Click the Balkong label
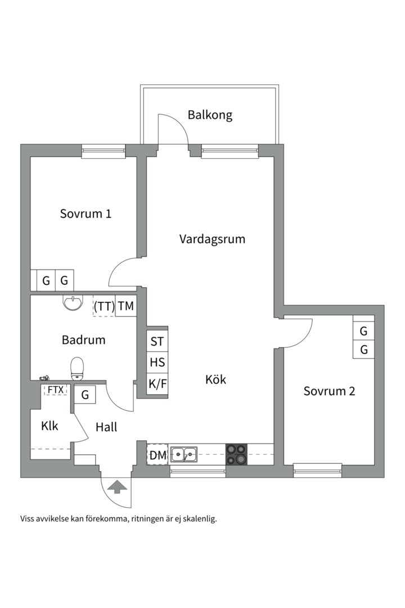tap(210, 115)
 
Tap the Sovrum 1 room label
tap(85, 214)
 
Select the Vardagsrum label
tap(212, 239)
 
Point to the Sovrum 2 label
tap(329, 391)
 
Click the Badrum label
tap(83, 340)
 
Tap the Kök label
tap(215, 380)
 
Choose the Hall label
tap(106, 427)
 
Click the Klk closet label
tap(49, 426)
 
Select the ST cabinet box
tap(157, 341)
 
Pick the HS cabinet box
tap(157, 362)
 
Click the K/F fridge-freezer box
tap(157, 384)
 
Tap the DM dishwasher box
tap(157, 455)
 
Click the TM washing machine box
tap(126, 306)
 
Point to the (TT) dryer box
tap(104, 306)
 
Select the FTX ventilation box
tap(55, 390)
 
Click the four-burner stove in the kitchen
tap(237, 454)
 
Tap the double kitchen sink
tap(184, 454)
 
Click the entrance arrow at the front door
tap(116, 486)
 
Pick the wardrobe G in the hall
tap(85, 395)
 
